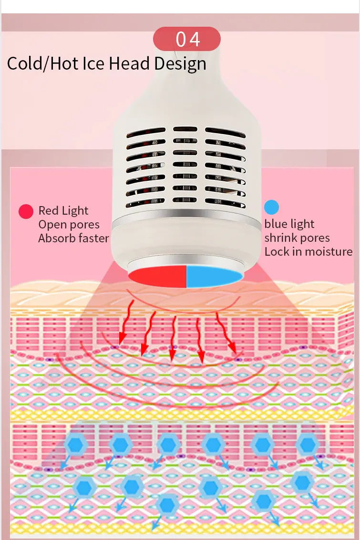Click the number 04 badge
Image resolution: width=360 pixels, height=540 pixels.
tap(187, 39)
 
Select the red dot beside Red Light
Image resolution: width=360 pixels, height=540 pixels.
tap(26, 211)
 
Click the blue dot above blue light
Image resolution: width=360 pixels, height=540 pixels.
tap(271, 207)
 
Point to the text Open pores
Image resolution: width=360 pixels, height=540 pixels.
tap(69, 225)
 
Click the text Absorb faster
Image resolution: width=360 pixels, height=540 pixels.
tap(73, 239)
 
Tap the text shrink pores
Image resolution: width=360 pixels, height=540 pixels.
tap(297, 238)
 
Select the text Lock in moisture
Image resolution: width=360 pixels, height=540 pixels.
tap(309, 252)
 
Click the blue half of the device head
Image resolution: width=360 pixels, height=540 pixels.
tap(214, 276)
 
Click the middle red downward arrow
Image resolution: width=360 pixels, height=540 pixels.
tap(173, 339)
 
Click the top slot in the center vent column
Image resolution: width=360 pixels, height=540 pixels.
tap(185, 129)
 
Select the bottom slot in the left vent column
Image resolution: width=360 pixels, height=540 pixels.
tap(145, 203)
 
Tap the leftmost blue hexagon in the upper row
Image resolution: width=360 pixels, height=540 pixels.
tap(75, 445)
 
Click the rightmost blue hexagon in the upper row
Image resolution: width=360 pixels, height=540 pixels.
tap(307, 445)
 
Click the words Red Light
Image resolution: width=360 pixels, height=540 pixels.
tap(63, 210)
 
